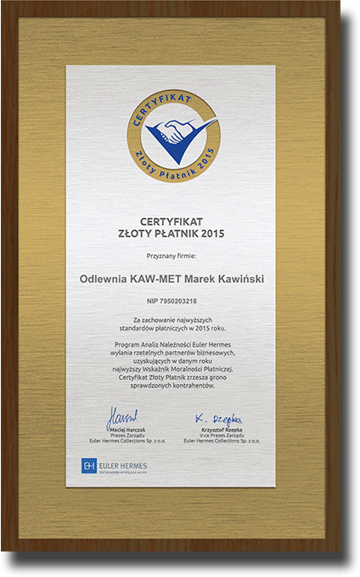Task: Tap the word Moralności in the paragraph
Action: (197, 370)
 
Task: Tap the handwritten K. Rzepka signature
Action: (222, 420)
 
